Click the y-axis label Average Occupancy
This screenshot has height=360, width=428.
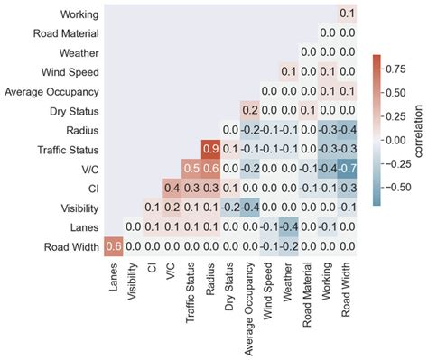52,91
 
